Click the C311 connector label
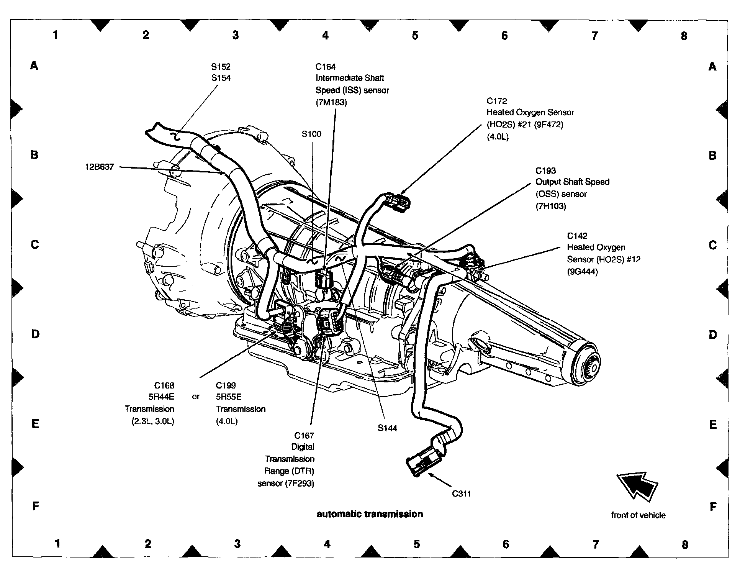click(x=461, y=493)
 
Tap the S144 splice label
click(x=387, y=428)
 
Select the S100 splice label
click(x=311, y=134)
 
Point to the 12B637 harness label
click(x=100, y=167)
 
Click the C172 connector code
click(x=496, y=101)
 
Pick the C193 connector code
click(x=545, y=171)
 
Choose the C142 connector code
click(x=577, y=236)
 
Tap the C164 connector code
click(x=325, y=67)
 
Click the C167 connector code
click(x=304, y=436)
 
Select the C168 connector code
click(x=164, y=385)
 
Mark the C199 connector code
click(x=226, y=385)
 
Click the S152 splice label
click(x=221, y=67)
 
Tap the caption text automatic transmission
click(x=370, y=514)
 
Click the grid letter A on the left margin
click(x=34, y=66)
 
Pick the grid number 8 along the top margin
click(x=684, y=36)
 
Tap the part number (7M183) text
click(x=331, y=102)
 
